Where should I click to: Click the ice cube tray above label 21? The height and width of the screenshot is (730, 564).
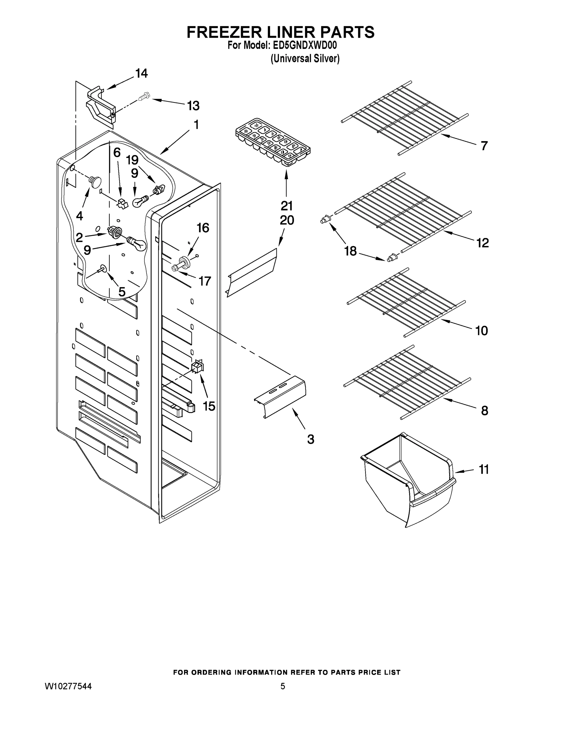273,142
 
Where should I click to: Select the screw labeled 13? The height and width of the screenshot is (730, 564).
144,97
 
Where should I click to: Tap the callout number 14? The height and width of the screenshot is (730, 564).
141,73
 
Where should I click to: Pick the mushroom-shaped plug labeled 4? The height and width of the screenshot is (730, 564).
95,181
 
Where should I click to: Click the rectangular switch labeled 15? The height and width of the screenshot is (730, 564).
198,366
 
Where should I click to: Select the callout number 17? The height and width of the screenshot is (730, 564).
205,281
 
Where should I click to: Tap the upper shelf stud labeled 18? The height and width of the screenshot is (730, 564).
325,220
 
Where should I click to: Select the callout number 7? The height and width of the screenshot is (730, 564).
484,146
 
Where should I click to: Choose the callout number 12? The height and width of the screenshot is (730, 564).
483,243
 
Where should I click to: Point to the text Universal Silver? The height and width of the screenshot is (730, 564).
305,58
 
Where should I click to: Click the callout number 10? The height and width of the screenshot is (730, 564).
482,331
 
